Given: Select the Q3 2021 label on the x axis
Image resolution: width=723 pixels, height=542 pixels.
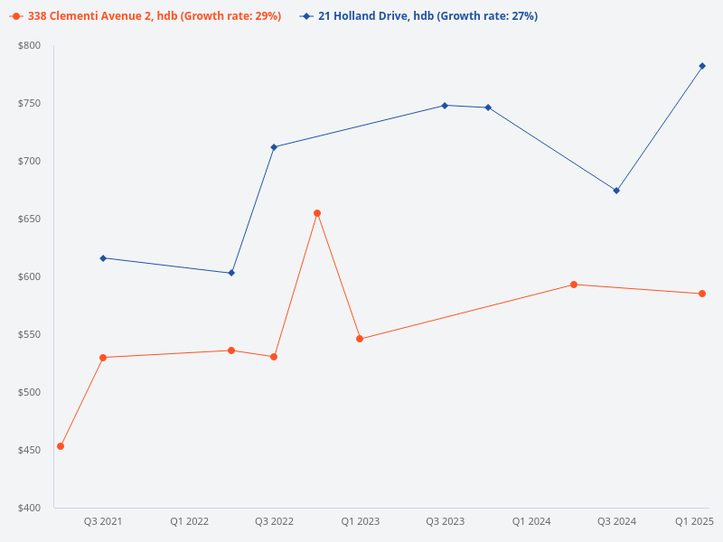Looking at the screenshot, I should (x=103, y=521).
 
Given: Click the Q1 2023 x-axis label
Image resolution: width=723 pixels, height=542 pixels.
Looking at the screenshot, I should (x=360, y=521).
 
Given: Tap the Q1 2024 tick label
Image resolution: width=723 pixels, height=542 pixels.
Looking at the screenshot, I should (x=531, y=521).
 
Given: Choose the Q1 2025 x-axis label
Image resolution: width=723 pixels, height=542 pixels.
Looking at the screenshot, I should (x=694, y=521).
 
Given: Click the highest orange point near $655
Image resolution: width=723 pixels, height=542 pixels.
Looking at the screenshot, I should (x=317, y=213).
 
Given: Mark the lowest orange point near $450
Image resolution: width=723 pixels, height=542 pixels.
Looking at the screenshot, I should (x=61, y=446).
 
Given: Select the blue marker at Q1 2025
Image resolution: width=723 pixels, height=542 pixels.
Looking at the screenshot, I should (x=702, y=66).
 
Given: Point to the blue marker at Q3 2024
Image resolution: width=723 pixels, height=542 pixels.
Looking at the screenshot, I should (x=616, y=191).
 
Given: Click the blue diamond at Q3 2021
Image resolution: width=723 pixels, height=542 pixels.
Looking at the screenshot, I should (x=103, y=258).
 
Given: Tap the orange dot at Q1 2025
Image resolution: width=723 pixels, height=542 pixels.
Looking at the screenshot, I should (x=702, y=294).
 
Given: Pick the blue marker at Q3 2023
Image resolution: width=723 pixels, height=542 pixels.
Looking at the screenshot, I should (x=445, y=106).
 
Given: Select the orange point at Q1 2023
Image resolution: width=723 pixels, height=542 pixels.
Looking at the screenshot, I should (x=360, y=339).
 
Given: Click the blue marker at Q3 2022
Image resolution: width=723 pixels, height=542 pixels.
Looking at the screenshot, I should (x=274, y=147).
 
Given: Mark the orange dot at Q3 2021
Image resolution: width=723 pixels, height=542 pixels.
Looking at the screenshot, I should (x=103, y=358).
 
